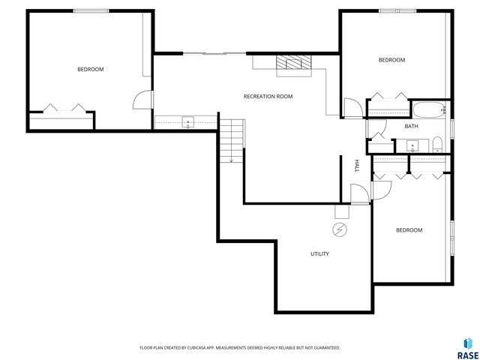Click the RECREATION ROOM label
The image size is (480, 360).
pyautogui.click(x=268, y=97)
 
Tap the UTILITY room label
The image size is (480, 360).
pyautogui.click(x=319, y=254)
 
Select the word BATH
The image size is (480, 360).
pyautogui.click(x=411, y=126)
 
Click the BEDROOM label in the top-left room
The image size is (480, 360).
pyautogui.click(x=90, y=69)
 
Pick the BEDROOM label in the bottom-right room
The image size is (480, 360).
pyautogui.click(x=409, y=230)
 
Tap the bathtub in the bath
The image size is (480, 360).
pyautogui.click(x=427, y=112)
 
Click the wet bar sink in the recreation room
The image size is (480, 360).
pyautogui.click(x=187, y=121)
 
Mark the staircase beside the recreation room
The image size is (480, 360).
pyautogui.click(x=232, y=140)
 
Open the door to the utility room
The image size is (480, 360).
pyautogui.click(x=361, y=194)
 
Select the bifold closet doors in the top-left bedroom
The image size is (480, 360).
pyautogui.click(x=61, y=107)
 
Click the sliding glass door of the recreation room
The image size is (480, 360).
pyautogui.click(x=213, y=53)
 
